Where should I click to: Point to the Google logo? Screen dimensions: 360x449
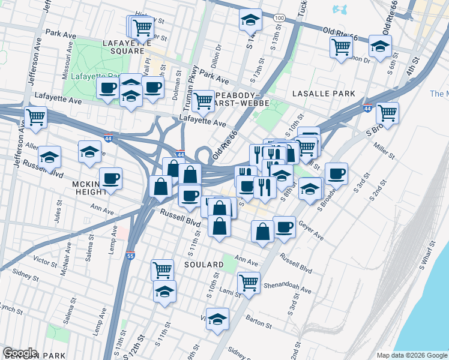19,353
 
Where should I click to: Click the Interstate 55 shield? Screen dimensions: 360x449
130,256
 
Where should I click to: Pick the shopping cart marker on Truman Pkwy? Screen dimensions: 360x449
203,100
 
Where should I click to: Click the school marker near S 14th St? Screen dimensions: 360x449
250,20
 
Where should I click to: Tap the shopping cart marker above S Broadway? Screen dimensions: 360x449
387,112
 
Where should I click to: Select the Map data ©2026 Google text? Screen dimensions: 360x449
411,355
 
